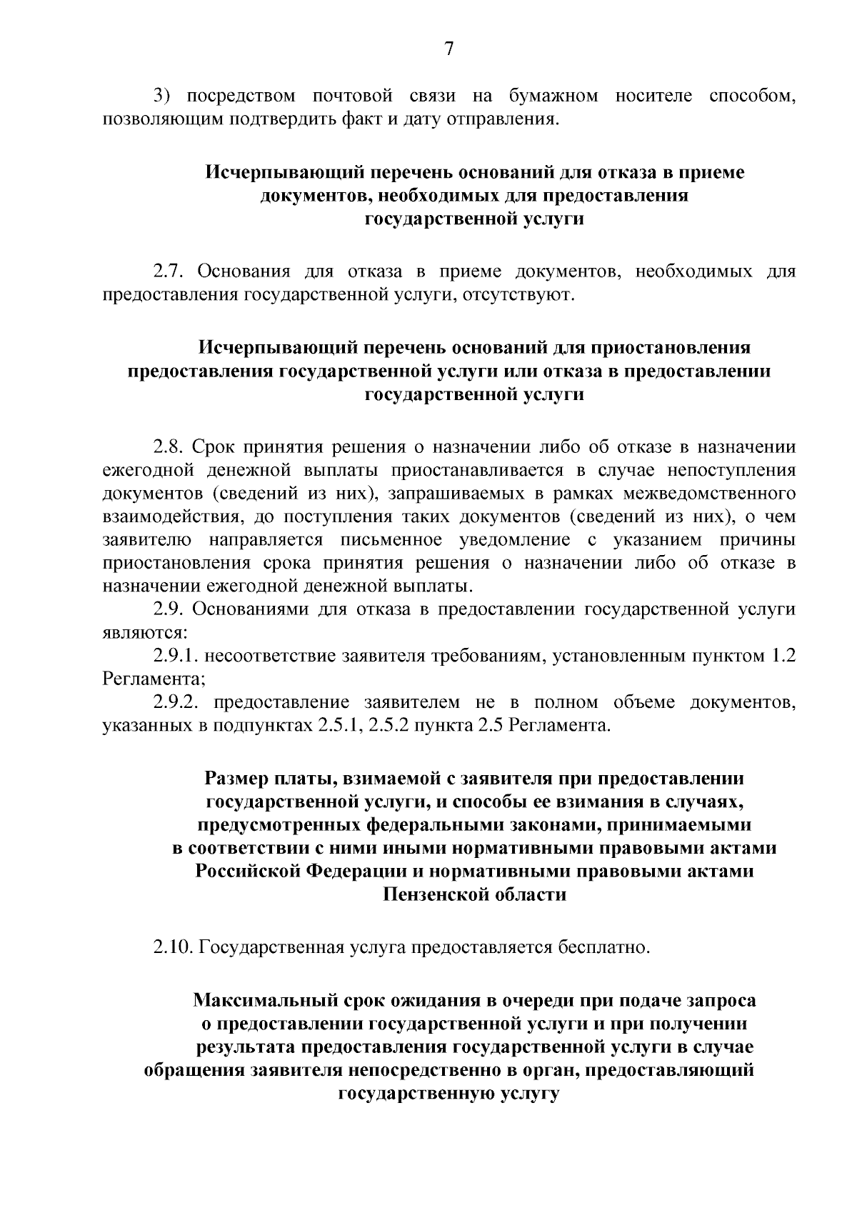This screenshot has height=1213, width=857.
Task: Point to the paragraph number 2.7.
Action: pyautogui.click(x=169, y=272)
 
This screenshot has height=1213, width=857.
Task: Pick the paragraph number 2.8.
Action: pyautogui.click(x=169, y=448)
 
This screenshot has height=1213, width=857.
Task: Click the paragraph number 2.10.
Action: pyautogui.click(x=173, y=948)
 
